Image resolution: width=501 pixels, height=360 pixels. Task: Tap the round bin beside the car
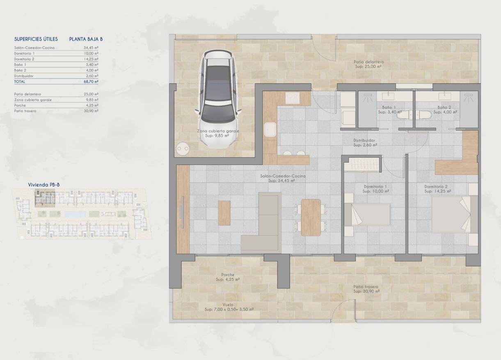pyautogui.click(x=183, y=149)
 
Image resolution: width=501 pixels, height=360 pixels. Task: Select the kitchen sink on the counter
pyautogui.click(x=270, y=130)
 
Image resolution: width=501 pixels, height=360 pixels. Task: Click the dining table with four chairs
pyautogui.click(x=311, y=217)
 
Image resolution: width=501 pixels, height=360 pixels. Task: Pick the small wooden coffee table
pyautogui.click(x=224, y=213)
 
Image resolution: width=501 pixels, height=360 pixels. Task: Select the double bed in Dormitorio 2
pyautogui.click(x=453, y=214)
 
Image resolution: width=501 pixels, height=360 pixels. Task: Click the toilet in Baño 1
pyautogui.click(x=402, y=116)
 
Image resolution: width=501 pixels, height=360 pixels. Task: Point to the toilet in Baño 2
pyautogui.click(x=423, y=116)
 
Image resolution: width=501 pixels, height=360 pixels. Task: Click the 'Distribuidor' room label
pyautogui.click(x=364, y=140)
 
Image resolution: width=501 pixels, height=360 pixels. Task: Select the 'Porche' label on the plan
pyautogui.click(x=228, y=275)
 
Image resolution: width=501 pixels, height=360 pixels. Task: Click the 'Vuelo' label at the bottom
pyautogui.click(x=228, y=305)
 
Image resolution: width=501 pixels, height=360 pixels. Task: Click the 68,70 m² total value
pyautogui.click(x=91, y=82)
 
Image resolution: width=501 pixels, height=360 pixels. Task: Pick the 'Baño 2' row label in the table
pyautogui.click(x=20, y=70)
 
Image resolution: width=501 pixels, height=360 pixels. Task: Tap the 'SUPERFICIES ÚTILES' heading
pyautogui.click(x=36, y=39)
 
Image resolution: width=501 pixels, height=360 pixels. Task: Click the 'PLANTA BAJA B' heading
pyautogui.click(x=86, y=39)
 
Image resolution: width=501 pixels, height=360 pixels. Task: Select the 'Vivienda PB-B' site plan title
pyautogui.click(x=44, y=185)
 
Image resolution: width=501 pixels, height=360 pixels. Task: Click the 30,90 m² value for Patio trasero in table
pyautogui.click(x=92, y=111)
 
